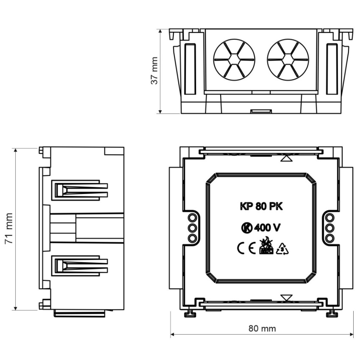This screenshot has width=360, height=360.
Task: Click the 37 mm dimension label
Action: pos(155,71)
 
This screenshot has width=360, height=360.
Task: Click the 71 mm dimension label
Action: pos(9,229)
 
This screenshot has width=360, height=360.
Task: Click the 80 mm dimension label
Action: pos(262,328)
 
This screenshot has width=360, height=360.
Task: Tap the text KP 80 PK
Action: pos(261,207)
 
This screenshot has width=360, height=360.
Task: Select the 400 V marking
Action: pos(267,228)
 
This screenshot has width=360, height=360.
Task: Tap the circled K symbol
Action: pos(246,228)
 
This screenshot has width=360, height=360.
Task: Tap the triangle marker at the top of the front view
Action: pos(286,159)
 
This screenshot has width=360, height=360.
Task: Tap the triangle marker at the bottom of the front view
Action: pos(286,297)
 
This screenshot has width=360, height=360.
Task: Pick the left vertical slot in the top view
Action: pos(190,69)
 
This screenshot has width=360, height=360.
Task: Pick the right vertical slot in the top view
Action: pos(332,69)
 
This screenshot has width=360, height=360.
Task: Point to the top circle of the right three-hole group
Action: pos(330,218)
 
